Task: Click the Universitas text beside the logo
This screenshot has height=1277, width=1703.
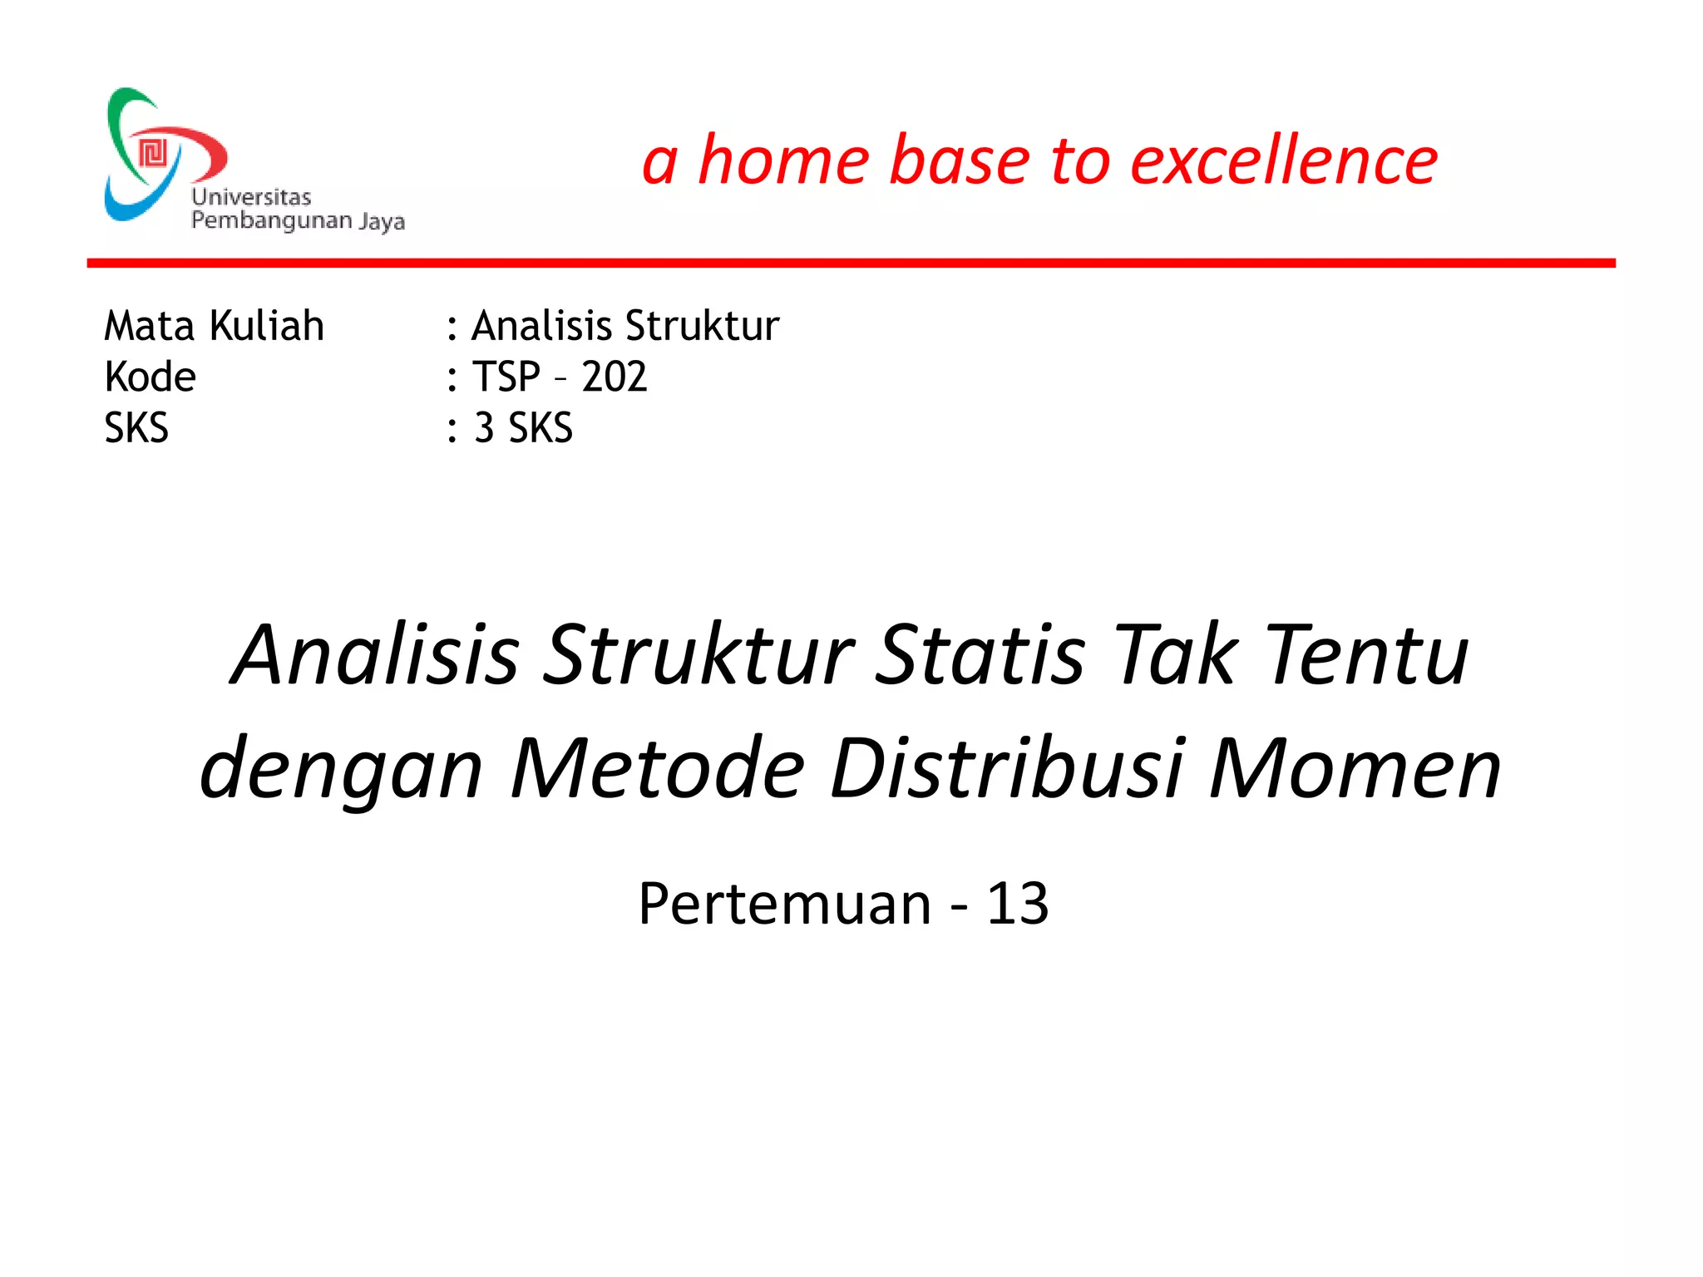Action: coord(251,197)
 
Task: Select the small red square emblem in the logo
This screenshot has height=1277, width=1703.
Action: coord(153,154)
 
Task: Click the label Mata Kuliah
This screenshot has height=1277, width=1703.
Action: coord(214,325)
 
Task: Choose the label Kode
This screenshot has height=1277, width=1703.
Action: coord(150,377)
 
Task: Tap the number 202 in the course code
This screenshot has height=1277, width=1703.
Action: coord(614,377)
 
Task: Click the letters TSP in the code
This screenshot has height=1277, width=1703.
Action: coord(506,377)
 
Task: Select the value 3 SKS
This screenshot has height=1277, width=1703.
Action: coord(523,428)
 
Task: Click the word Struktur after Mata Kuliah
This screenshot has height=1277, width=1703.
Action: coord(702,325)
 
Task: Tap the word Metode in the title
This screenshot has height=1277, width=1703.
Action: coord(658,769)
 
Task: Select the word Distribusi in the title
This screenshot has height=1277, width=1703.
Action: coord(1006,769)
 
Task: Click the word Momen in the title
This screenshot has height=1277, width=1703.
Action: coord(1355,769)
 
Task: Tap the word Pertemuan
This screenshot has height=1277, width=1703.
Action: coord(784,904)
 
